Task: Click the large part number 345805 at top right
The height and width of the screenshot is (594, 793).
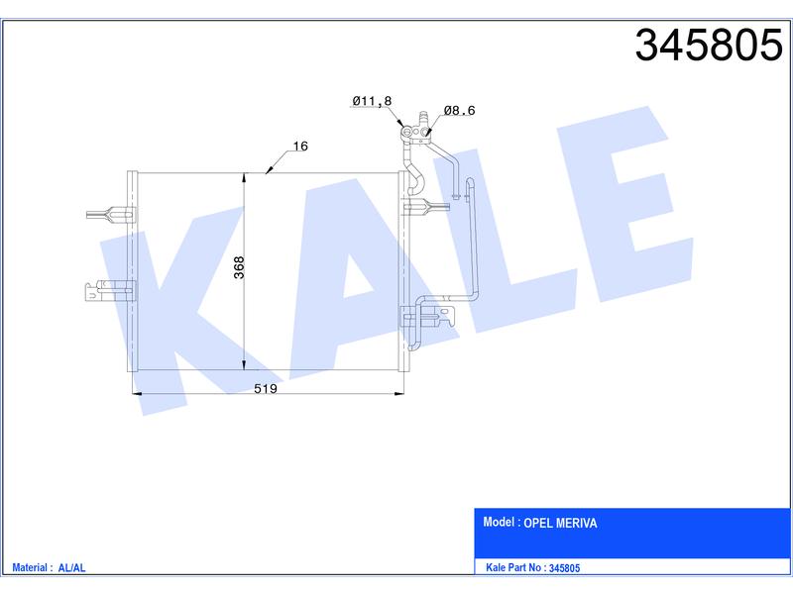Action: (709, 46)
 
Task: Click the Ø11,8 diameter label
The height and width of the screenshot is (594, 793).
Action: (372, 101)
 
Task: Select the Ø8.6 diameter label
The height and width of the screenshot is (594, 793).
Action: (459, 110)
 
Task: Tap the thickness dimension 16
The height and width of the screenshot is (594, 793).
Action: (300, 146)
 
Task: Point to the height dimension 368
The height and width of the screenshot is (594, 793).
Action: (239, 267)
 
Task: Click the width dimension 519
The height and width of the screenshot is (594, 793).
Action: (266, 388)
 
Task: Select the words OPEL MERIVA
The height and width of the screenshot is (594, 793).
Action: (560, 523)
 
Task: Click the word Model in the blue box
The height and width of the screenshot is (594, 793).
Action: (499, 522)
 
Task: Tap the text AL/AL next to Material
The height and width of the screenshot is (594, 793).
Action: (71, 567)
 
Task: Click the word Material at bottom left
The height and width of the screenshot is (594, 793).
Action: (30, 567)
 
